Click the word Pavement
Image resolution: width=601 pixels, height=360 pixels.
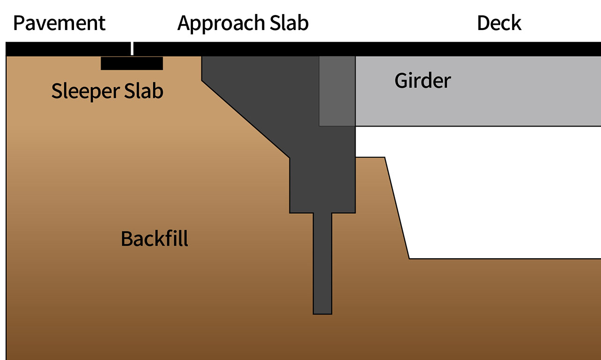click(59, 23)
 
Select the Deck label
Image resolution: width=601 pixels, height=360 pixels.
click(499, 23)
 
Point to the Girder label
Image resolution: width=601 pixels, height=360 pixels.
click(423, 81)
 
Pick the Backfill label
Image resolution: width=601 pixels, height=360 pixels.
click(155, 239)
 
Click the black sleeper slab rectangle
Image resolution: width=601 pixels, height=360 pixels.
click(132, 63)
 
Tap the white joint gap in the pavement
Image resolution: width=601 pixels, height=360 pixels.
click(133, 48)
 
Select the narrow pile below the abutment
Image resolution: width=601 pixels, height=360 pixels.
click(322, 262)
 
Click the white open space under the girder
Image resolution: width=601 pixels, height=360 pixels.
click(492, 192)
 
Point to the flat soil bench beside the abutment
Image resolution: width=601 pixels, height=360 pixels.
click(370, 158)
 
